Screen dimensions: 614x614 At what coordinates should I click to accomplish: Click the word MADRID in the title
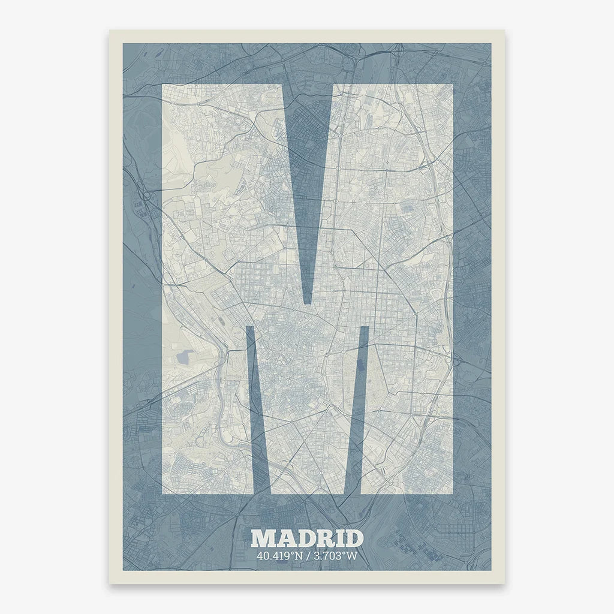[x=307, y=538]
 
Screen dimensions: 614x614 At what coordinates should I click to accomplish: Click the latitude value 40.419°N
[x=278, y=556]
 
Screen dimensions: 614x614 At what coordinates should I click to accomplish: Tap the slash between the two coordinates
[x=306, y=556]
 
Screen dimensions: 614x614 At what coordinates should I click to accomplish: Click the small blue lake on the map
[x=183, y=358]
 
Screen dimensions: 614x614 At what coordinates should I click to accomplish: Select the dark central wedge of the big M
[x=308, y=180]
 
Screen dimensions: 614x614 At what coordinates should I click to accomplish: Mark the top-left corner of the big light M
[x=164, y=85]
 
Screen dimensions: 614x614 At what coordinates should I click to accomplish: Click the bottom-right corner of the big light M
[x=452, y=494]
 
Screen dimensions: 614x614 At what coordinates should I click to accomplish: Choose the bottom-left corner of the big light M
[x=164, y=494]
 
